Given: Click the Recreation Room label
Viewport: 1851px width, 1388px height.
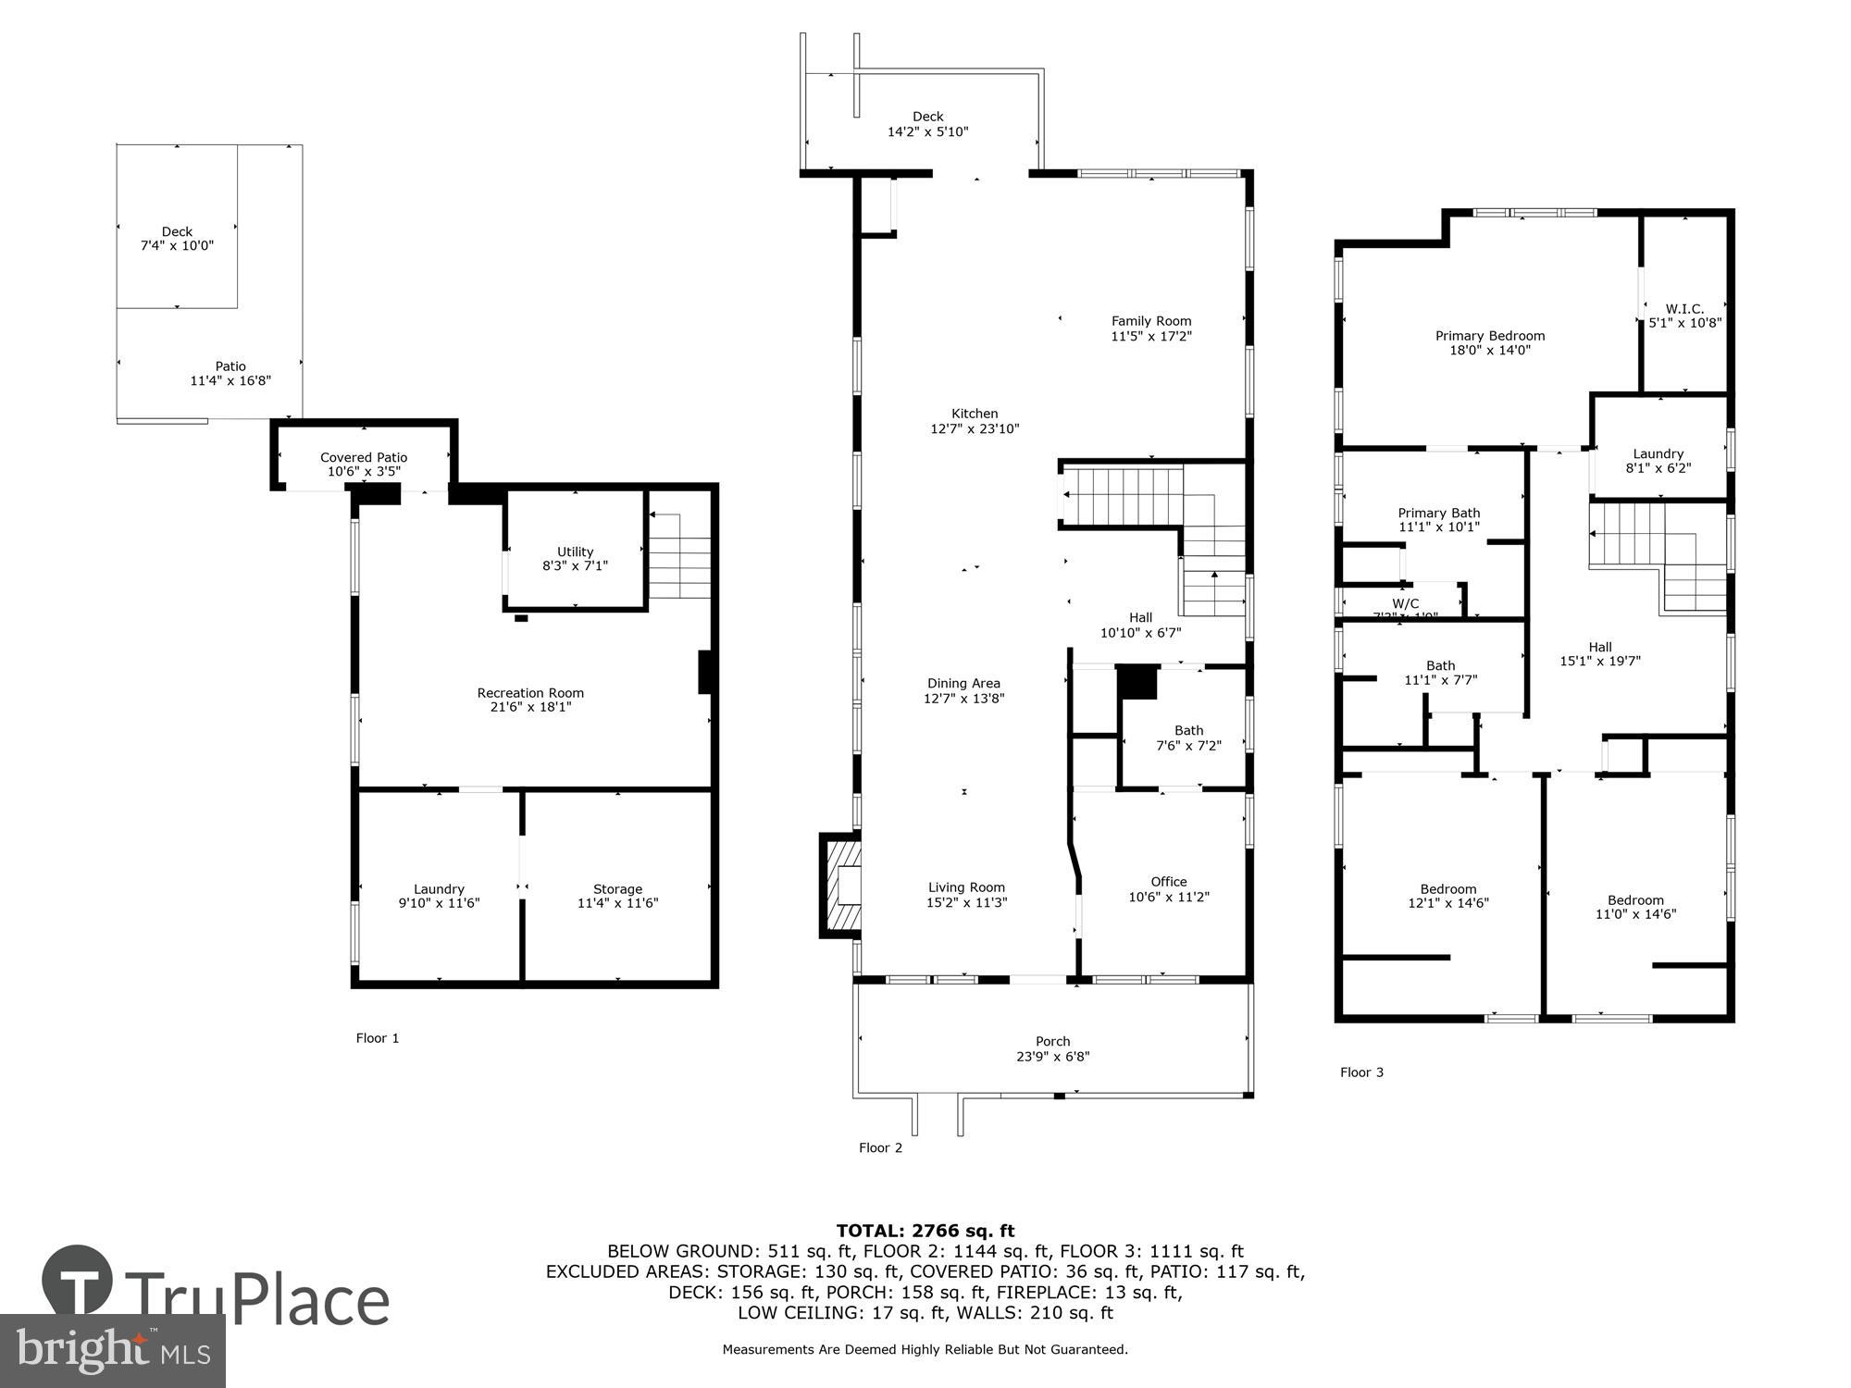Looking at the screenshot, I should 530,693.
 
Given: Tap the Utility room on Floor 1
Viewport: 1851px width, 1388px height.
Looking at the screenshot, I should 575,558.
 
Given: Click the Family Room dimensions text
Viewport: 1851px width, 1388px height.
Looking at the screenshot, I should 1151,337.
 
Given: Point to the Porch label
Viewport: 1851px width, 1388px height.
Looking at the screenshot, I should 1052,1042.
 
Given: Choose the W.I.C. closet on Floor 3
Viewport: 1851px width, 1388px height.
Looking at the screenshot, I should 1684,316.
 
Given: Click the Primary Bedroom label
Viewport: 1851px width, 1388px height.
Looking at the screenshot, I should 1490,336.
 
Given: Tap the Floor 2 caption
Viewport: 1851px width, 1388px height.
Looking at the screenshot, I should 880,1148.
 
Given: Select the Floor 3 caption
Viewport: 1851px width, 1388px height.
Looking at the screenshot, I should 1361,1072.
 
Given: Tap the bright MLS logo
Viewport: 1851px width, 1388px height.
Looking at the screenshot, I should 112,1351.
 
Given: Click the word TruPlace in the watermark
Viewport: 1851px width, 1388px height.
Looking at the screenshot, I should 256,1300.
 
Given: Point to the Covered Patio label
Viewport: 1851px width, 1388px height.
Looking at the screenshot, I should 364,457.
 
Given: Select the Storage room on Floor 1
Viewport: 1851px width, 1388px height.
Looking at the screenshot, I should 617,896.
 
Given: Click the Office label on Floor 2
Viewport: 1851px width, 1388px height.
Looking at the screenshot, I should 1169,882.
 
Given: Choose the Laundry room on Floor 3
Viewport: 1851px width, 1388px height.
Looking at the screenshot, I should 1658,460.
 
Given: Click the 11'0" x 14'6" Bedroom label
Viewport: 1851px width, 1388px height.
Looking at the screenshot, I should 1635,907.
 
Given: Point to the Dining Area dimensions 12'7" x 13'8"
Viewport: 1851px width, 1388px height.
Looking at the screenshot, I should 963,699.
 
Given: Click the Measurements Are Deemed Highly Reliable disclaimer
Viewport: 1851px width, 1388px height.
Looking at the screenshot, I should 925,1350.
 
